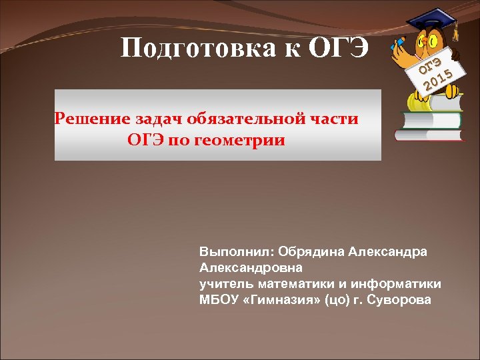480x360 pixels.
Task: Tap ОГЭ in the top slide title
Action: pyautogui.click(x=339, y=48)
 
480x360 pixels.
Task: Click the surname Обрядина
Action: pyautogui.click(x=302, y=253)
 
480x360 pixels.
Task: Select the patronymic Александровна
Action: pyautogui.click(x=251, y=268)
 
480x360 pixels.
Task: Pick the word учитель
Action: pyautogui.click(x=222, y=283)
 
